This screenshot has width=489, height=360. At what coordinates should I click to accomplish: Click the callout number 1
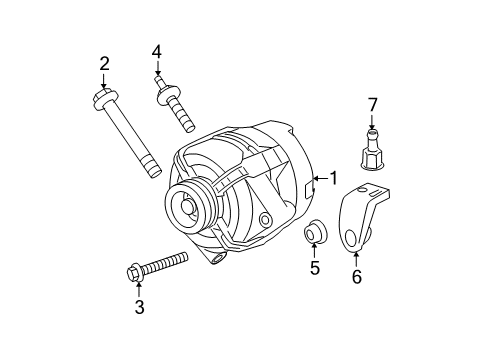point(333,179)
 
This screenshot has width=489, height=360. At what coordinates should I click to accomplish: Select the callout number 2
point(103,65)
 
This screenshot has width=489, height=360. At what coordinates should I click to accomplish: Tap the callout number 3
point(139,307)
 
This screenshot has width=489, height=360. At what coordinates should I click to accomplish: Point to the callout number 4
point(156,51)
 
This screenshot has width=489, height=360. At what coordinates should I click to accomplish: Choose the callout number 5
point(314,268)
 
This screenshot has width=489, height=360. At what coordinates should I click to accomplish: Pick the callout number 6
point(356,276)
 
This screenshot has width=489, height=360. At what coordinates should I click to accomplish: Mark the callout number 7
point(373,104)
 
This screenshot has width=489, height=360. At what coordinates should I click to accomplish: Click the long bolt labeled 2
point(129,135)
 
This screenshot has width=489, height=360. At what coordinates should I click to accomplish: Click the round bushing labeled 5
point(316,236)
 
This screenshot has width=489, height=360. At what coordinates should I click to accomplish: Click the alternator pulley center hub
point(187,209)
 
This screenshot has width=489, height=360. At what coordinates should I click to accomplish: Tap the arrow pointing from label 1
point(319,180)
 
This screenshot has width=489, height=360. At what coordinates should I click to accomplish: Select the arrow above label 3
point(138,289)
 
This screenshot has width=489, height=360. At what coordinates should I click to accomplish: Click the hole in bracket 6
point(353,237)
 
